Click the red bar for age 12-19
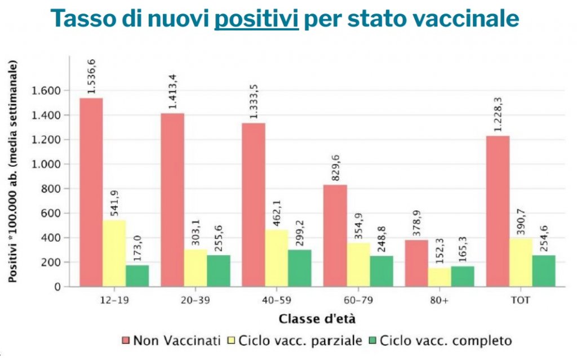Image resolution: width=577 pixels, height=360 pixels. (x=91, y=192)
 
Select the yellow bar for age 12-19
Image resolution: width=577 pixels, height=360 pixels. (x=114, y=253)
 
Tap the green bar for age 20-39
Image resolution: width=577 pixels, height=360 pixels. (x=218, y=271)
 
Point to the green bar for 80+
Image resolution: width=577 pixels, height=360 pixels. (x=462, y=276)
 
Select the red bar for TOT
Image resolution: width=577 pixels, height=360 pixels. (x=498, y=211)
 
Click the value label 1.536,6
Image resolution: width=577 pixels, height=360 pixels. (x=91, y=77)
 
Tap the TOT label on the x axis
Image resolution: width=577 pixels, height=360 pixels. (x=521, y=300)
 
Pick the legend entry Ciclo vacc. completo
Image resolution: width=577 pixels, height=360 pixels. (x=445, y=341)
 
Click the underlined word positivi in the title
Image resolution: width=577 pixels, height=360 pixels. (x=256, y=19)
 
